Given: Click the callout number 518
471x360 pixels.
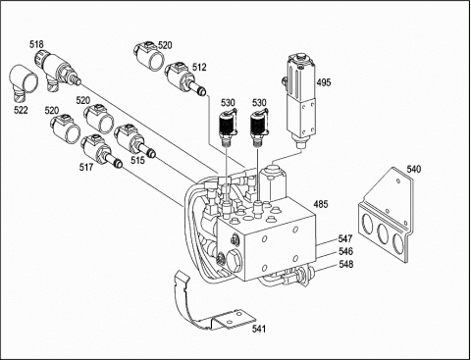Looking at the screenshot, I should (36, 45).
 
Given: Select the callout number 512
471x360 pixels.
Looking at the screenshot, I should (199, 67).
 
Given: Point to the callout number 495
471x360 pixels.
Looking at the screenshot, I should (323, 83).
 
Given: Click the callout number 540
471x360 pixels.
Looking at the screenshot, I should (414, 170).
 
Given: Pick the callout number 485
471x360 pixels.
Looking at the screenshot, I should (320, 204).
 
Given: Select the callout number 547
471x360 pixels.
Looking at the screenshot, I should (344, 238).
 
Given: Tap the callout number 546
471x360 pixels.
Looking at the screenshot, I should (344, 252).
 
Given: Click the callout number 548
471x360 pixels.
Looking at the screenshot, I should (344, 265).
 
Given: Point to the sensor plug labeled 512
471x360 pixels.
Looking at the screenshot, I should (183, 77).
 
